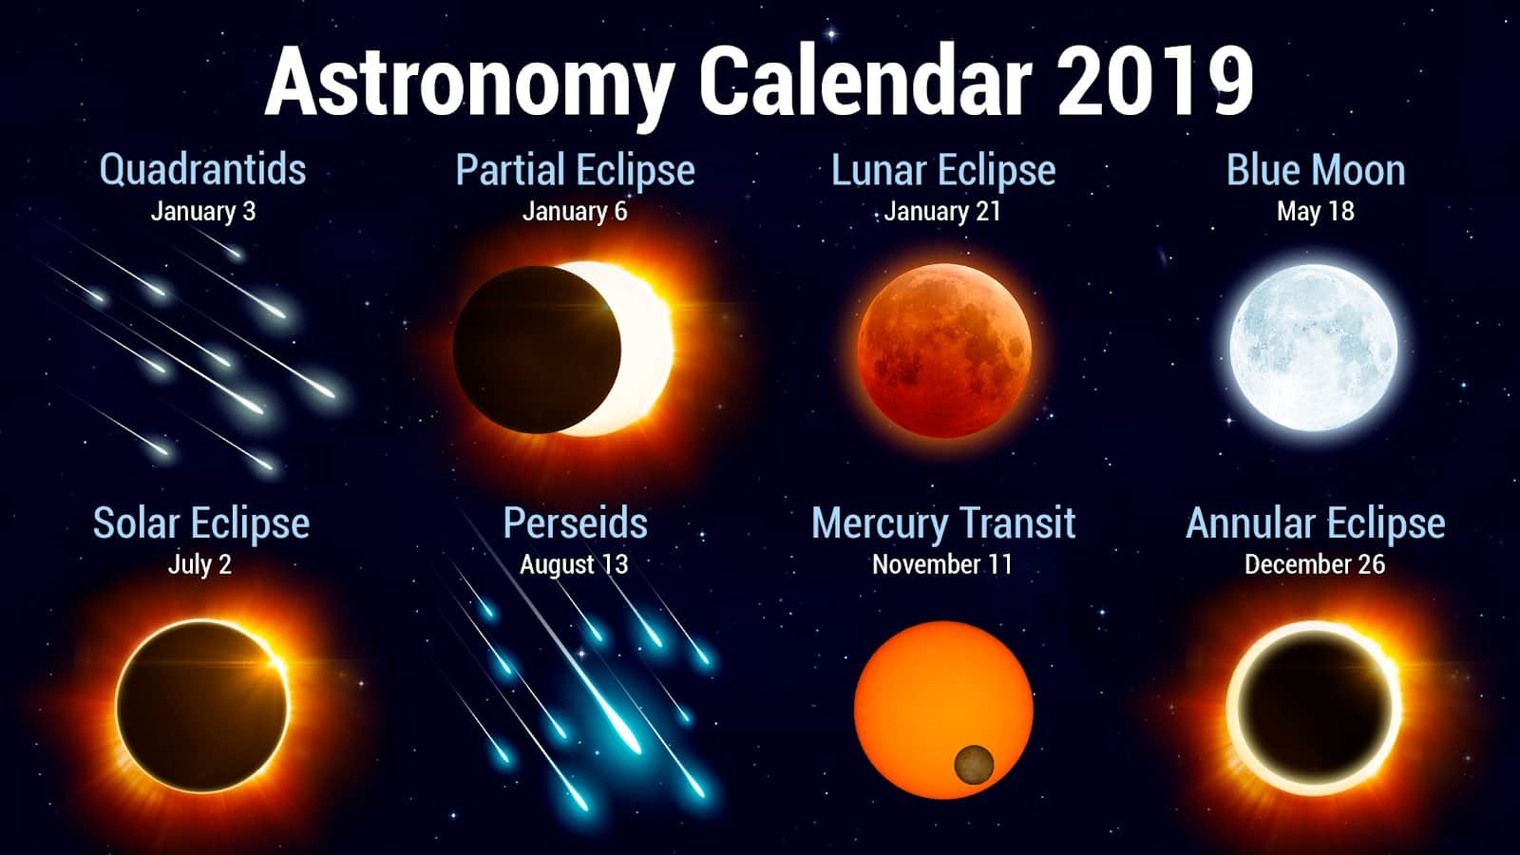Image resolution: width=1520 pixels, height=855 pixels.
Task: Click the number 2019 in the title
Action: click(x=1154, y=82)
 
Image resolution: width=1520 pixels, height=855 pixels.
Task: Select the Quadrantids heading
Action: click(x=202, y=169)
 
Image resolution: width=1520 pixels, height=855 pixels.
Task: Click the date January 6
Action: click(x=575, y=211)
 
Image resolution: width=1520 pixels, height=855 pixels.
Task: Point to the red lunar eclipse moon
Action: click(x=944, y=351)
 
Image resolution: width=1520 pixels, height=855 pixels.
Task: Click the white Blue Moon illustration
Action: click(x=1314, y=348)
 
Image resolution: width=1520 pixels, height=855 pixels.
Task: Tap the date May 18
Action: click(x=1315, y=211)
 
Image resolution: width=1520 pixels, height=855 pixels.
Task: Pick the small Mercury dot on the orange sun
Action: click(x=974, y=765)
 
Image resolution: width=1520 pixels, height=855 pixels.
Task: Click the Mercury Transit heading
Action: click(x=943, y=523)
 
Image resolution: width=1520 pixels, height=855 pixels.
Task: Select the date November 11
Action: click(x=941, y=564)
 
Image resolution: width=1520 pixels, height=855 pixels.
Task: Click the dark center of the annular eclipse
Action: click(x=1314, y=708)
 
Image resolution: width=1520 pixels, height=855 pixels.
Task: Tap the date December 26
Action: click(x=1315, y=564)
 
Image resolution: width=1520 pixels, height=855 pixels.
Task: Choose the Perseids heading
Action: click(x=576, y=523)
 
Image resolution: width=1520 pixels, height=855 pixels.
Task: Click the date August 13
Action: click(x=574, y=565)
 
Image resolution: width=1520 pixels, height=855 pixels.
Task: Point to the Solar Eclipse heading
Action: click(x=200, y=523)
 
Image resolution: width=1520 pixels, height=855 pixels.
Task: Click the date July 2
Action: click(x=199, y=565)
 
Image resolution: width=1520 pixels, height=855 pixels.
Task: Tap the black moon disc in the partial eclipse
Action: click(x=537, y=350)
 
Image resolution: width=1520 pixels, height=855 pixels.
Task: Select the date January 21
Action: click(x=941, y=211)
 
